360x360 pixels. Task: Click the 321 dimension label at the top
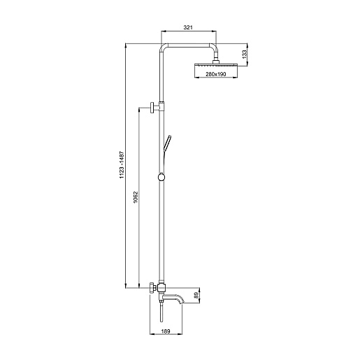pyautogui.click(x=188, y=27)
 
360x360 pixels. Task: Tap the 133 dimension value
pyautogui.click(x=244, y=54)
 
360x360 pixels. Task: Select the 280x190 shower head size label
pyautogui.click(x=216, y=74)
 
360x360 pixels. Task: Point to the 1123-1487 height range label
pyautogui.click(x=122, y=165)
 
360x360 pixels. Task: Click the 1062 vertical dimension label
pyautogui.click(x=136, y=197)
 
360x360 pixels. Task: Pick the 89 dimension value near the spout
pyautogui.click(x=196, y=296)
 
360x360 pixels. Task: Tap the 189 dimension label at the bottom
pyautogui.click(x=166, y=331)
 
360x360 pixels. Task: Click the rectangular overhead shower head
pyautogui.click(x=216, y=65)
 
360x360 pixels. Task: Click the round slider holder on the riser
pyautogui.click(x=161, y=177)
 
